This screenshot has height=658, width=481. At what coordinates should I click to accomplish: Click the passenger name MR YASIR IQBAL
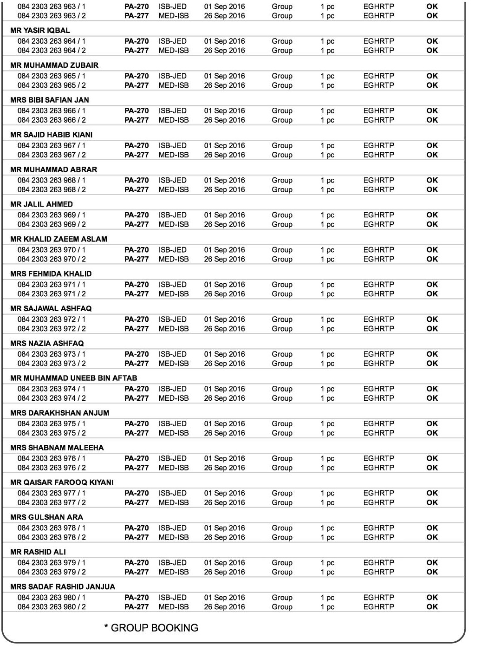pyautogui.click(x=40, y=31)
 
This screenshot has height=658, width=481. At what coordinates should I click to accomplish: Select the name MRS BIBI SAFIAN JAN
pyautogui.click(x=49, y=100)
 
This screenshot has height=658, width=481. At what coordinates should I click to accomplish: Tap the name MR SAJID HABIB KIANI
pyautogui.click(x=51, y=135)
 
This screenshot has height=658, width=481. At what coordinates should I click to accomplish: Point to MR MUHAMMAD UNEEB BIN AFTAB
pyautogui.click(x=73, y=378)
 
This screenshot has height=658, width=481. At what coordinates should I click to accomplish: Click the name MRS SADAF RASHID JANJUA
pyautogui.click(x=62, y=586)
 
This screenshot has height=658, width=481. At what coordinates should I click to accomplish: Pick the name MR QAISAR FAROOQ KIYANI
pyautogui.click(x=62, y=482)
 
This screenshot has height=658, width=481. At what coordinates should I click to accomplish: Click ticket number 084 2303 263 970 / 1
pyautogui.click(x=52, y=250)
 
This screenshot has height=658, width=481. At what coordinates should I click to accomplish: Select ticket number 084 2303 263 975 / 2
pyautogui.click(x=52, y=433)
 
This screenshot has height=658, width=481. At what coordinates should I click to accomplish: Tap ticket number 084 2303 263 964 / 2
pyautogui.click(x=52, y=50)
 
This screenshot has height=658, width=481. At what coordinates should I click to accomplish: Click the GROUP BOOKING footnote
pyautogui.click(x=151, y=628)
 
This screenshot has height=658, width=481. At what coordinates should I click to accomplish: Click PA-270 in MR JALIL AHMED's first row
pyautogui.click(x=136, y=215)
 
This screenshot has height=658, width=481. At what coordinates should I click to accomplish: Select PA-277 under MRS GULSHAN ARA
pyautogui.click(x=136, y=537)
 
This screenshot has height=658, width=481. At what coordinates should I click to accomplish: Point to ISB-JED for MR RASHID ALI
pyautogui.click(x=172, y=563)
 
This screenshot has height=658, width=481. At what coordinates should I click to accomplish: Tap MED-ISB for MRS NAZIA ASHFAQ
pyautogui.click(x=174, y=363)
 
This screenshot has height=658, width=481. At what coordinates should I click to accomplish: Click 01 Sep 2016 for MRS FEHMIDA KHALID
pyautogui.click(x=224, y=285)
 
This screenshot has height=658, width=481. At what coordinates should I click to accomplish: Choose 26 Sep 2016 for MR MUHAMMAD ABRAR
pyautogui.click(x=224, y=189)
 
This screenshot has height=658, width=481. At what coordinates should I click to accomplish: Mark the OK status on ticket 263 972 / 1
pyautogui.click(x=432, y=319)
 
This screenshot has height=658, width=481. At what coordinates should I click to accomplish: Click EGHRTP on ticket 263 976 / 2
pyautogui.click(x=378, y=468)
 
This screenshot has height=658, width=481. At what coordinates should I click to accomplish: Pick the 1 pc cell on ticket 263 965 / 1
pyautogui.click(x=327, y=76)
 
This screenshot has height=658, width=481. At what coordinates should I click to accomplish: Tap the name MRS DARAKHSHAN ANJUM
pyautogui.click(x=59, y=413)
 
